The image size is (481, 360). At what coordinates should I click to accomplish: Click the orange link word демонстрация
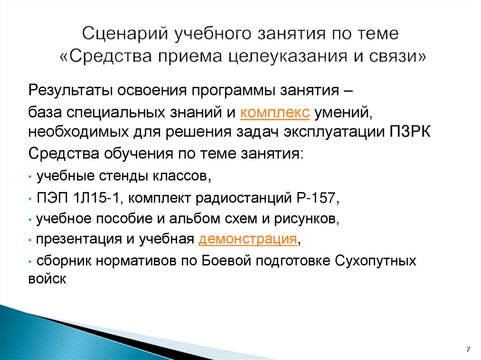pos(248,239)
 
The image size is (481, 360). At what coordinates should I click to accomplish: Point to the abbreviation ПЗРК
pos(410,131)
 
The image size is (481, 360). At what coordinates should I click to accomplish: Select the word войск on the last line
pos(45,278)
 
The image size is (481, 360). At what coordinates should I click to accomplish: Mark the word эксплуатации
pos(334,131)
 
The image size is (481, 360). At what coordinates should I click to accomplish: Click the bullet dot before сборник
pos(30,260)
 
